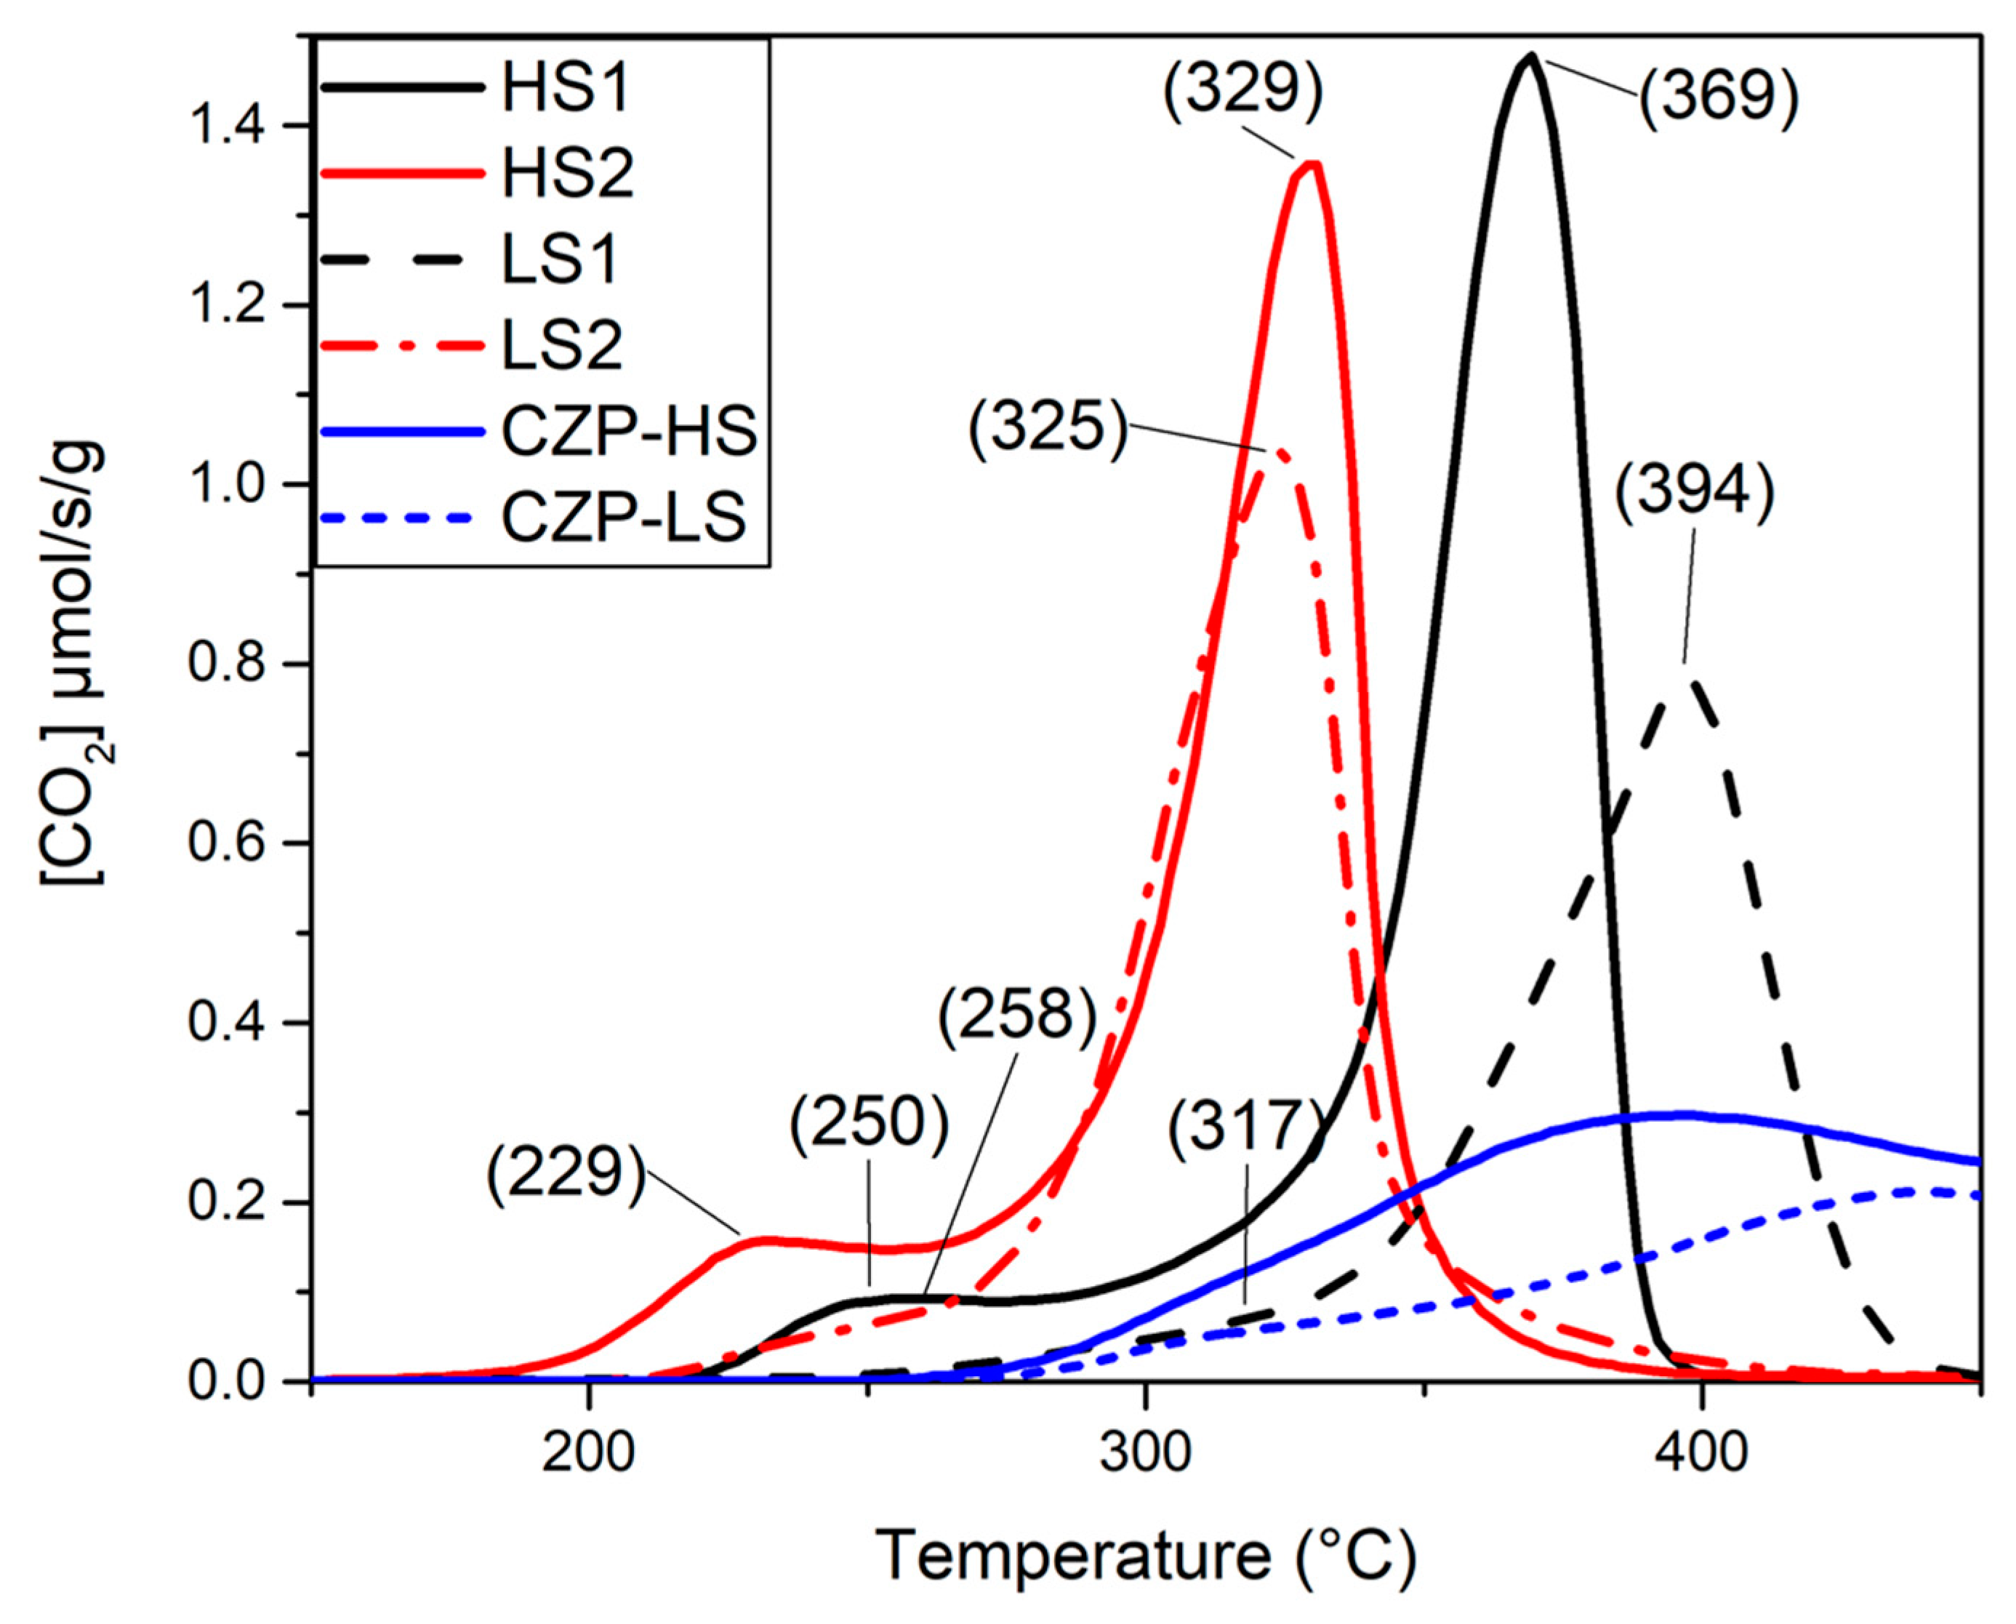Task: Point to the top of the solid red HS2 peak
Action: [1311, 164]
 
